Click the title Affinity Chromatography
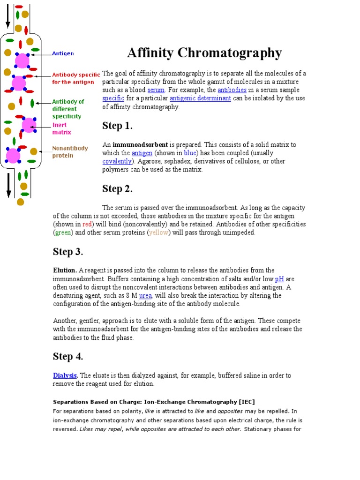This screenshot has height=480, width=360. pos(204,53)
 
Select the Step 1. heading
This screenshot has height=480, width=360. pos(117,126)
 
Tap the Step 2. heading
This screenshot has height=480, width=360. pos(117,189)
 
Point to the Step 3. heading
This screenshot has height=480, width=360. pos(67,252)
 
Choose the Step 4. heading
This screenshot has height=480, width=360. pos(67,356)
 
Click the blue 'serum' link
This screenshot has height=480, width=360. pos(156,90)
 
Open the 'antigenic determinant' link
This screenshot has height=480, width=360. pos(200,98)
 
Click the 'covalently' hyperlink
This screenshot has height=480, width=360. pos(117,161)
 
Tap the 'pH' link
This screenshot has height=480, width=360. pos(279,279)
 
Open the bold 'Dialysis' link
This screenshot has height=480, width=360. pos(64,375)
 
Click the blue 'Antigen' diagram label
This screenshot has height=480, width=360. pos(62,54)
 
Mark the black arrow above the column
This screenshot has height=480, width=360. pos(8,14)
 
